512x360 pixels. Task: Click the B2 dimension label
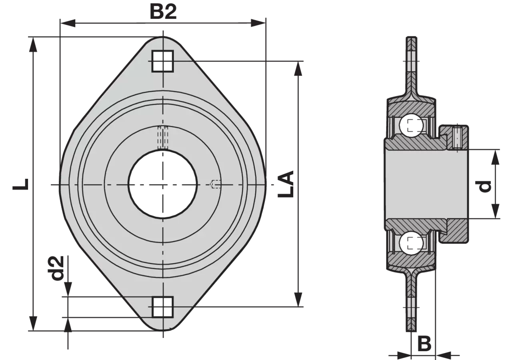(x=163, y=12)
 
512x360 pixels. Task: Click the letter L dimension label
(x=20, y=184)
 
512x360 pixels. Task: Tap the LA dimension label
(x=286, y=184)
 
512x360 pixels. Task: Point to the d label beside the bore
(x=483, y=186)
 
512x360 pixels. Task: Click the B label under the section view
(x=424, y=344)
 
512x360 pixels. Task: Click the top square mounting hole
(x=162, y=61)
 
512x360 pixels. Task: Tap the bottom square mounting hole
(x=162, y=307)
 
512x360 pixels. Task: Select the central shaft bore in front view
(x=162, y=184)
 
